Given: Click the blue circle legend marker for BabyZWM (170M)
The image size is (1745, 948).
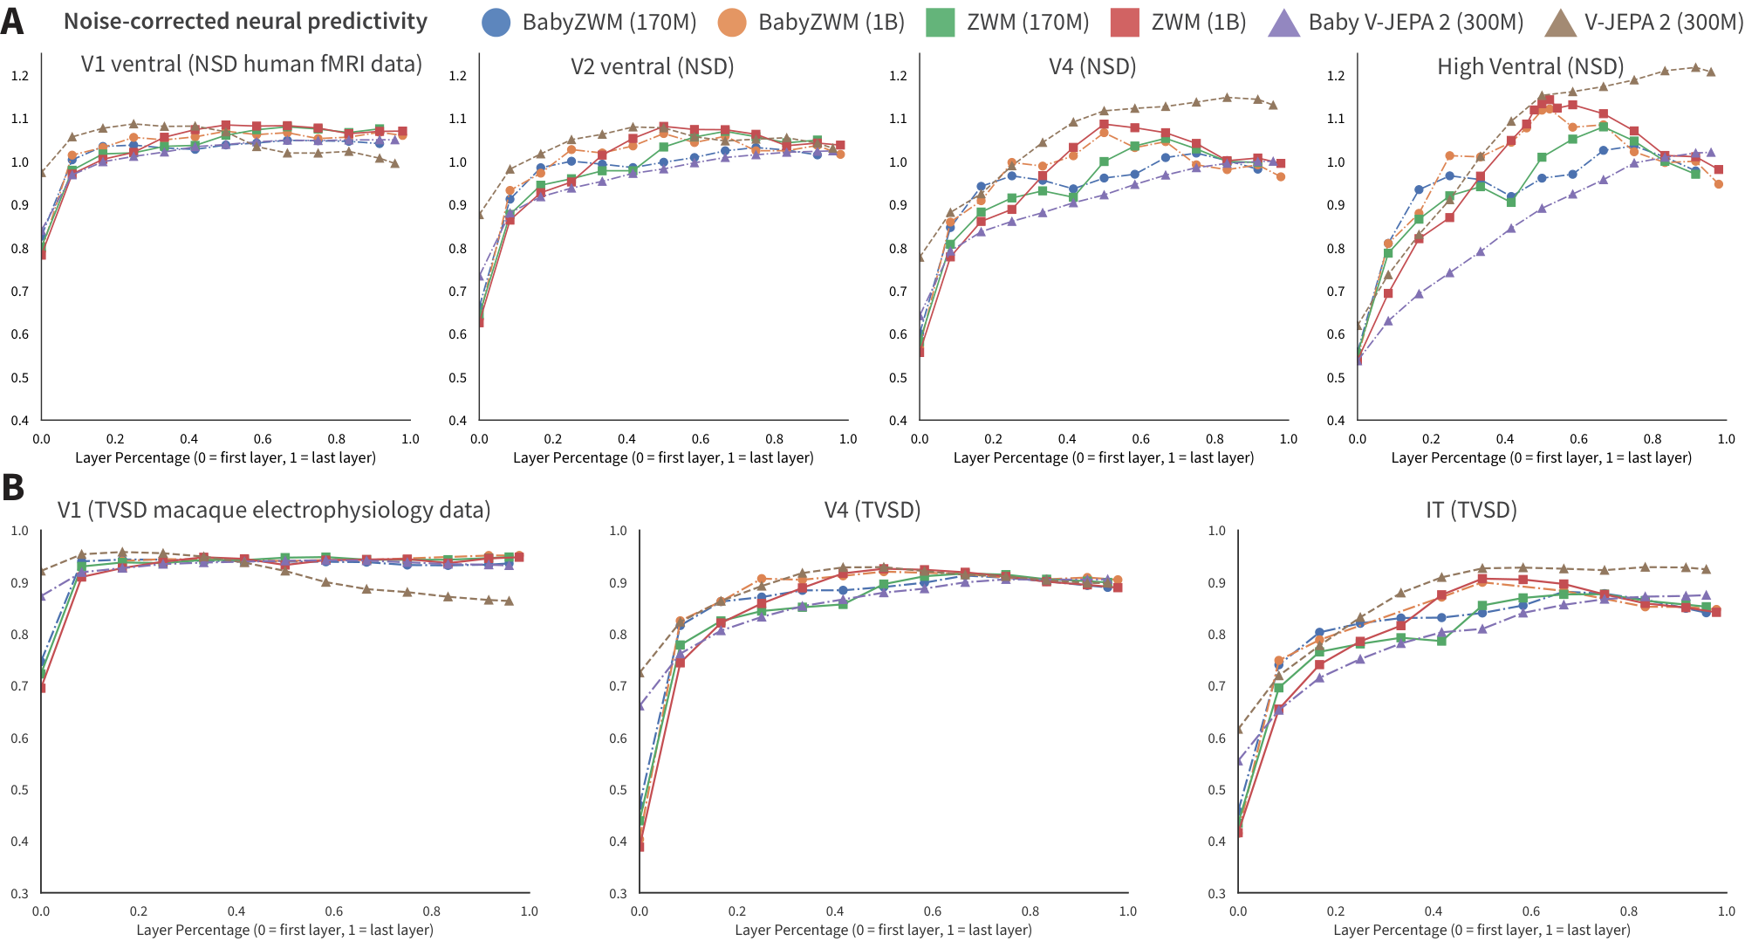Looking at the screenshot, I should pyautogui.click(x=496, y=23).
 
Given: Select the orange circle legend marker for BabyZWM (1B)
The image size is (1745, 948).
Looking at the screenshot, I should pyautogui.click(x=732, y=23).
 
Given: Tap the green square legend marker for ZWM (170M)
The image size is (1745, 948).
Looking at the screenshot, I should pyautogui.click(x=941, y=23).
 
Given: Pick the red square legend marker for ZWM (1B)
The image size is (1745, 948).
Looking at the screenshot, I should pyautogui.click(x=1125, y=23).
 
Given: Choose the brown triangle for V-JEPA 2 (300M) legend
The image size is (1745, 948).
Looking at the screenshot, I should pyautogui.click(x=1559, y=23).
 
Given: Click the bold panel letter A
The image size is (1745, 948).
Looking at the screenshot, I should pyautogui.click(x=12, y=21).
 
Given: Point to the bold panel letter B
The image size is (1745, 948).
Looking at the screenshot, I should pyautogui.click(x=12, y=487).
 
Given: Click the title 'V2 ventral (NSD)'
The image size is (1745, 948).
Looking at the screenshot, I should pyautogui.click(x=652, y=66).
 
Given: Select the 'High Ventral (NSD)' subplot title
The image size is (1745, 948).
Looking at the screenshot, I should pyautogui.click(x=1529, y=66).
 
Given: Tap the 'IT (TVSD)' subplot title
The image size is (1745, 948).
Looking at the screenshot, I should pyautogui.click(x=1470, y=510).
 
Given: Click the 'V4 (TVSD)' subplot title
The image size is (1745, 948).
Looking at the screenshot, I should pyautogui.click(x=872, y=510).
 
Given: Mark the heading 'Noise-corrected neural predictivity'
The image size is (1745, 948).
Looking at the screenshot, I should pyautogui.click(x=245, y=21).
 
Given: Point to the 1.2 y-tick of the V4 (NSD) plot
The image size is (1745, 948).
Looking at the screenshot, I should pyautogui.click(x=897, y=76).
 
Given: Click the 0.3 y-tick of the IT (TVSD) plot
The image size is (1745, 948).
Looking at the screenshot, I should pyautogui.click(x=1216, y=893).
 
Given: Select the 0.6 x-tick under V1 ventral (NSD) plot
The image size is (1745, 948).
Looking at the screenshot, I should pyautogui.click(x=263, y=439).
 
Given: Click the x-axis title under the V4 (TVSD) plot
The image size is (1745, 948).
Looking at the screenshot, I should pyautogui.click(x=883, y=930).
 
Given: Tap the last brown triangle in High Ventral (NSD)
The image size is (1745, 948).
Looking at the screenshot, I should pyautogui.click(x=1710, y=72).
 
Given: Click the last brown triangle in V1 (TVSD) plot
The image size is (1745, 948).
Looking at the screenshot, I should pyautogui.click(x=508, y=601).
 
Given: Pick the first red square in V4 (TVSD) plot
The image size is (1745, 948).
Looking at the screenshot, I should pyautogui.click(x=640, y=846).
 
